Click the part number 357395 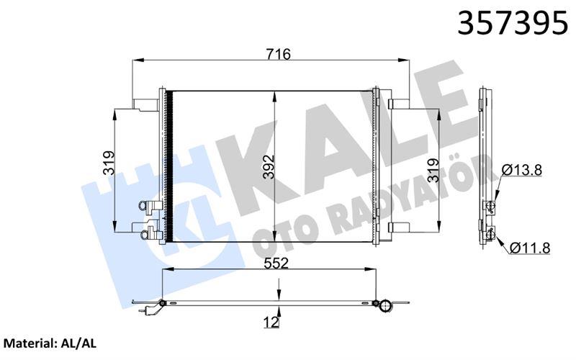click(513, 23)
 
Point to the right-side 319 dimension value click(433, 170)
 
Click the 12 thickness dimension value click(271, 323)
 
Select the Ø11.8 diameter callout click(530, 248)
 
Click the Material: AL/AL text click(50, 344)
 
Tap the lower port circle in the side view click(491, 231)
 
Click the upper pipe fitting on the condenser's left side click(150, 206)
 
